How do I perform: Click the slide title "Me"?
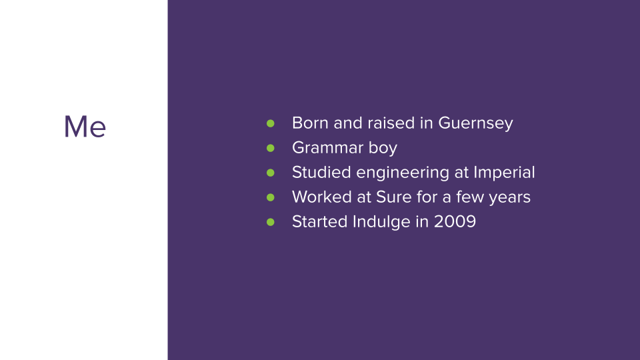(x=85, y=127)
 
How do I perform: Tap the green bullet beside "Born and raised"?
(x=270, y=123)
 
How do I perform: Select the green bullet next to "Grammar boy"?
(x=270, y=148)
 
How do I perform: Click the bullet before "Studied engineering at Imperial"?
(x=270, y=173)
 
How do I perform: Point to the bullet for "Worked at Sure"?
(x=270, y=197)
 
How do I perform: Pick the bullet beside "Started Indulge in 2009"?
(x=270, y=222)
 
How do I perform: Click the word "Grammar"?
(x=327, y=147)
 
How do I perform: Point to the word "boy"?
(x=383, y=149)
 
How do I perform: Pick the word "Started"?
(x=319, y=221)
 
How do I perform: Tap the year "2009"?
(x=455, y=221)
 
